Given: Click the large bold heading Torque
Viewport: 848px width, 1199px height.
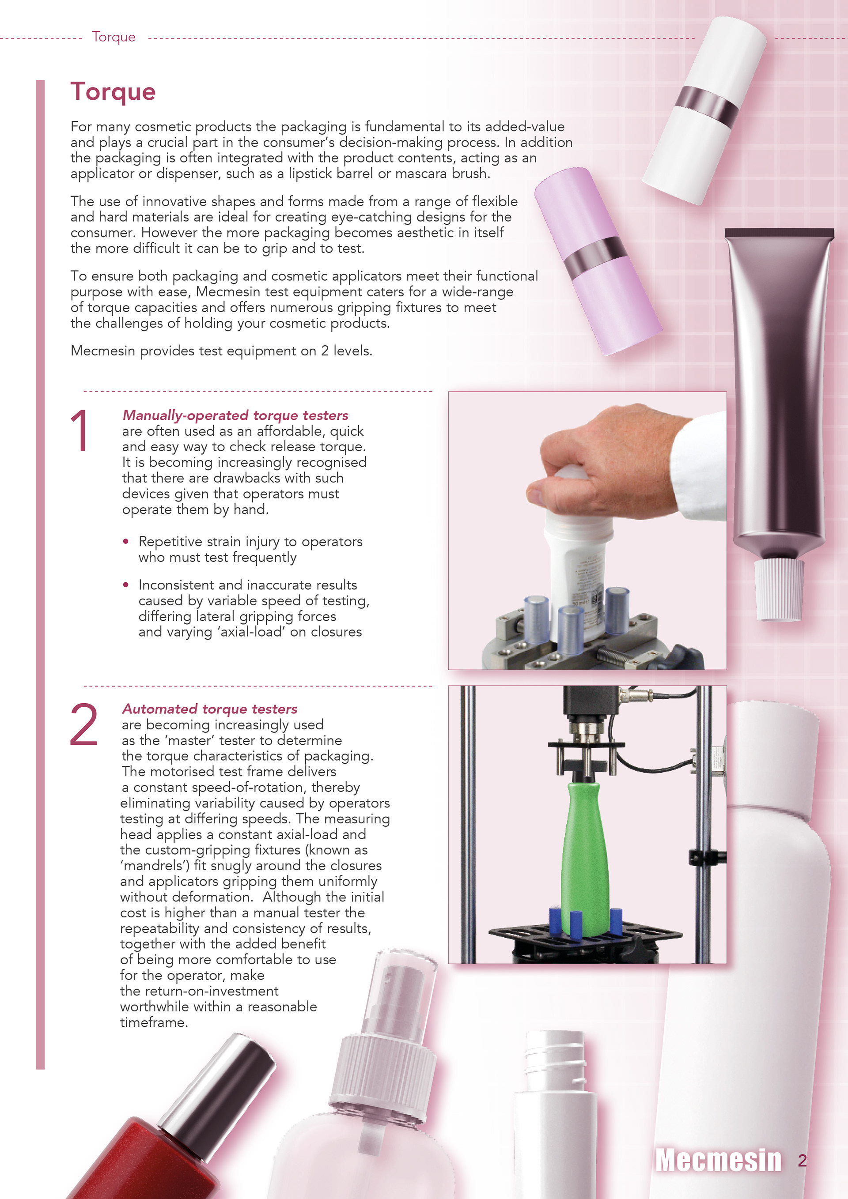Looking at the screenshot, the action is tap(113, 91).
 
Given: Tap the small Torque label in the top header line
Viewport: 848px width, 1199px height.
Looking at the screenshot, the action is tap(114, 37).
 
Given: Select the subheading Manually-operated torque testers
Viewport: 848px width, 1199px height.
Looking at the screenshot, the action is tap(235, 416).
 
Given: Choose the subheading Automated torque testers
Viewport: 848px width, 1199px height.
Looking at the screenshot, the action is tap(209, 709).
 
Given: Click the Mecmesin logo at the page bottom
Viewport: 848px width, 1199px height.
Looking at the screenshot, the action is tap(719, 1160).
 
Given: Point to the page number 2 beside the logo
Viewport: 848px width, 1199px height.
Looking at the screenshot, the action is tap(802, 1160).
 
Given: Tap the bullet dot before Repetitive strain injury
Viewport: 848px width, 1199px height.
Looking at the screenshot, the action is tap(125, 542).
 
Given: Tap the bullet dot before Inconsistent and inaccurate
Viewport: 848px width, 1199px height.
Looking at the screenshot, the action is tap(125, 585).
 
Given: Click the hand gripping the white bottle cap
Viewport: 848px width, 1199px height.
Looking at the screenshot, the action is tap(606, 460).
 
